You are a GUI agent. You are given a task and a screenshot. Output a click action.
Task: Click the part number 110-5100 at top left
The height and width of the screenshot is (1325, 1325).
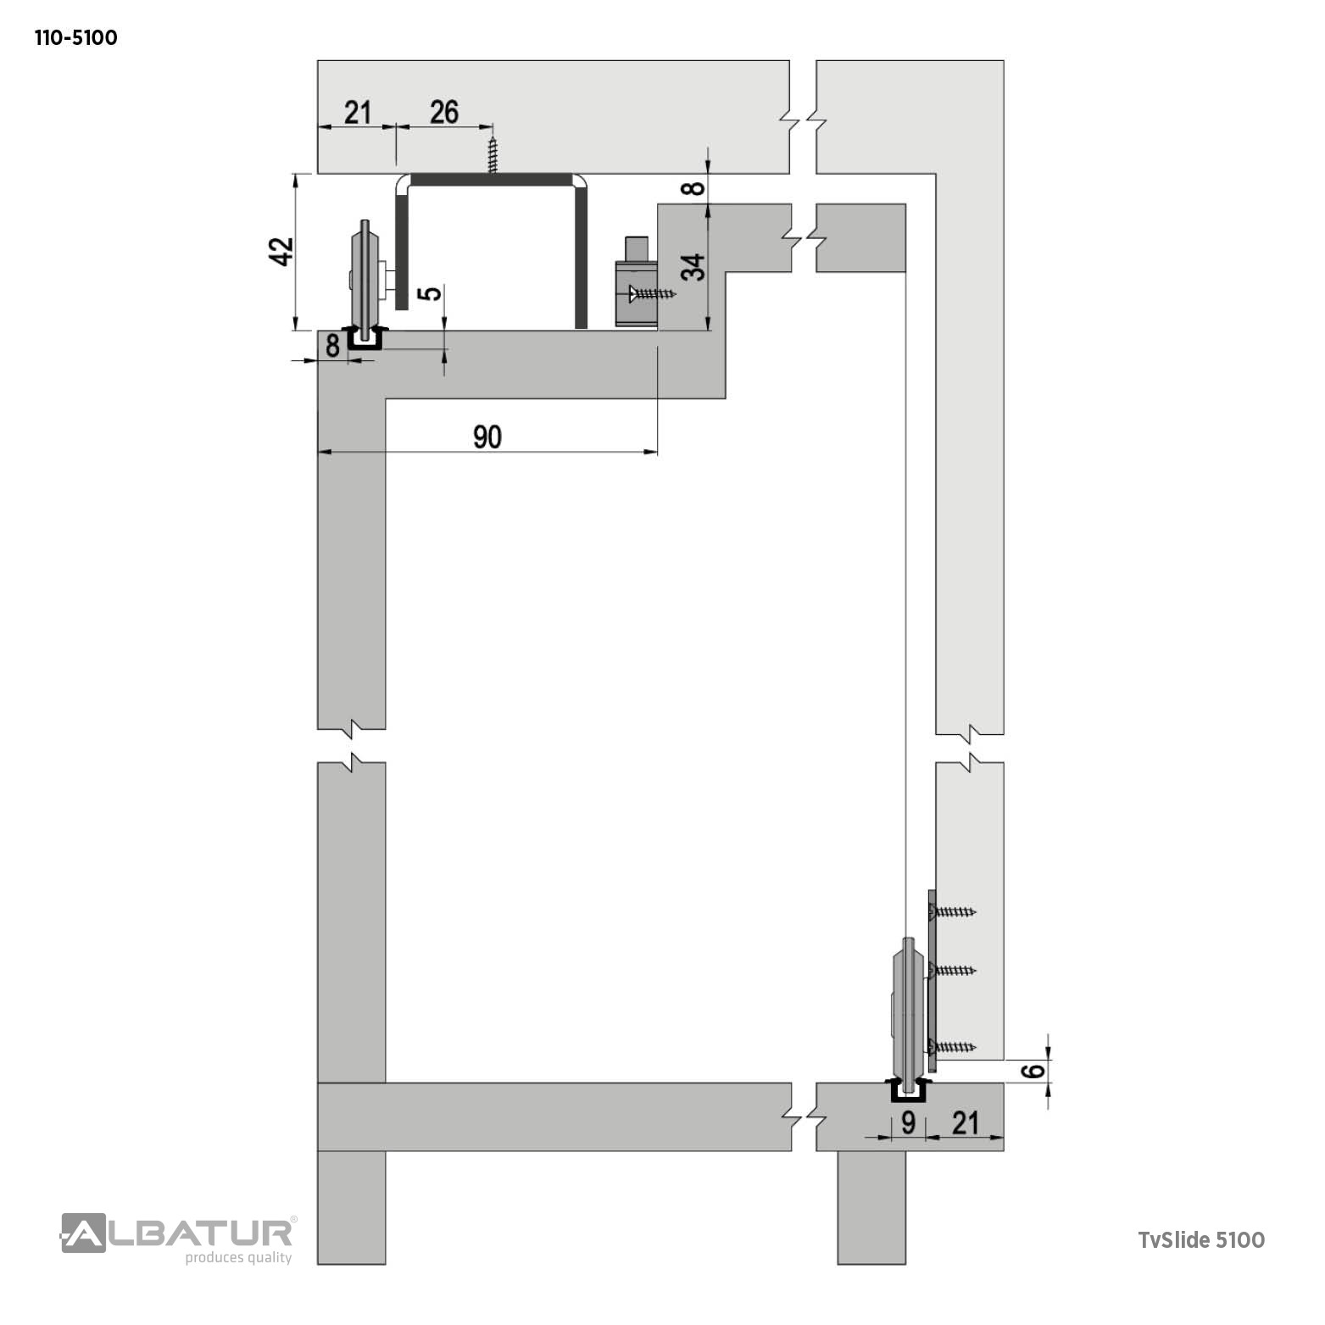pos(75,38)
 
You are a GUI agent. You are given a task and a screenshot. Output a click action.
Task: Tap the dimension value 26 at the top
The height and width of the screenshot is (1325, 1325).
pos(444,111)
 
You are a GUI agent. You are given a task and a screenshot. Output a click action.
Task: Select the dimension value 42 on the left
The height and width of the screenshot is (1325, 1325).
pos(281,251)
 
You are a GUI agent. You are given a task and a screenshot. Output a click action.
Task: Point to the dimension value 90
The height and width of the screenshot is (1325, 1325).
pos(487,437)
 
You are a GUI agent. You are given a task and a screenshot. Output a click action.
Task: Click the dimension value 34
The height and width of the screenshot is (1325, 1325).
pos(693,267)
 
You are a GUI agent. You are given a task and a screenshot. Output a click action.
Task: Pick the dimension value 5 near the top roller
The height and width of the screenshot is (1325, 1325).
pos(431,292)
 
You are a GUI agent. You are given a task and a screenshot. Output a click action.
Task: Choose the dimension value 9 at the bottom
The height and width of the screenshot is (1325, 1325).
pos(908,1122)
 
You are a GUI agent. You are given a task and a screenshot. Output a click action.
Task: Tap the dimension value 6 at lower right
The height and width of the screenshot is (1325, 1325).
pos(1033,1071)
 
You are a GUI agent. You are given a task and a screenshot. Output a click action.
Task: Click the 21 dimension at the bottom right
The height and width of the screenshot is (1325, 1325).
pos(965,1122)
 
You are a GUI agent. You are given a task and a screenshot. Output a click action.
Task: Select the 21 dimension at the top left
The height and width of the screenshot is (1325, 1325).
pos(358,111)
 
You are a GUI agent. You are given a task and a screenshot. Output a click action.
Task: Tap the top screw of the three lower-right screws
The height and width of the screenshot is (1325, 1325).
pos(954,912)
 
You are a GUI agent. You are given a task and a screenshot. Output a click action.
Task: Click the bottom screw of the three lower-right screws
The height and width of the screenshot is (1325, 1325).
pos(954,1046)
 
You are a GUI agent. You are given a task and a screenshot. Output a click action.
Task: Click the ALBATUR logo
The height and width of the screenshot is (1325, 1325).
pos(178,1233)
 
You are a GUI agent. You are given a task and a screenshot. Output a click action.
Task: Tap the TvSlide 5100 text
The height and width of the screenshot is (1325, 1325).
pos(1201,1239)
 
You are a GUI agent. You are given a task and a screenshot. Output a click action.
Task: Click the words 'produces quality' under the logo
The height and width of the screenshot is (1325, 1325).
pos(238,1258)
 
